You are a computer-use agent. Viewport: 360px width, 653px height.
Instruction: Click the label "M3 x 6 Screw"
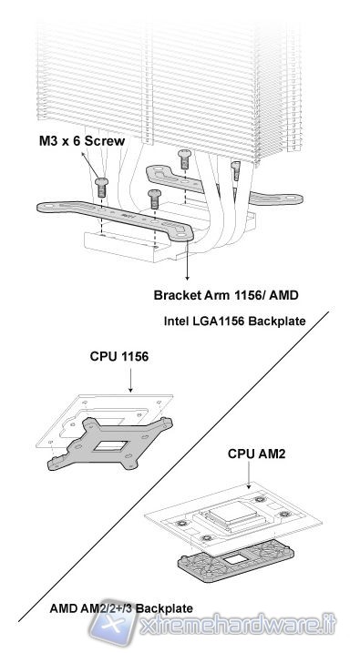tap(82, 141)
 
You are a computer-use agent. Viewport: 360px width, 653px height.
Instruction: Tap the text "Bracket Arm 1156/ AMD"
tap(226, 295)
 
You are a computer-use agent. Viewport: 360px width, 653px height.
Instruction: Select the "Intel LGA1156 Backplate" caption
tap(234, 321)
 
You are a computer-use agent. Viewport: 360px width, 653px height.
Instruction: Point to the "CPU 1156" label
tap(118, 356)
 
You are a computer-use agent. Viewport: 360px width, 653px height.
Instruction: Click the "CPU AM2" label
tap(256, 454)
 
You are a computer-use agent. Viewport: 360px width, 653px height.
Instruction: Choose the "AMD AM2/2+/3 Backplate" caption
tap(121, 608)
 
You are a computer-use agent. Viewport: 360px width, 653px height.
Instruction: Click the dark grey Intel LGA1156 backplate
tap(110, 444)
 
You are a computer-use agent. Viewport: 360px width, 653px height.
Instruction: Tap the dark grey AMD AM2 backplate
tap(235, 560)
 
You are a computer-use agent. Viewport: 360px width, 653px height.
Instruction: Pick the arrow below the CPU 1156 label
tap(130, 379)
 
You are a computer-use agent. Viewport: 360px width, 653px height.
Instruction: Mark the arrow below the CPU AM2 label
tap(249, 475)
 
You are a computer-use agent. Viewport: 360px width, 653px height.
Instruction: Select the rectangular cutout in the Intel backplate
tap(109, 446)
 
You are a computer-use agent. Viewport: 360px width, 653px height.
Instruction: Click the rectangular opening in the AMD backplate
tap(237, 558)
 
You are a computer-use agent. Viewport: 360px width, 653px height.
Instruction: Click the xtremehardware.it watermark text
tap(238, 626)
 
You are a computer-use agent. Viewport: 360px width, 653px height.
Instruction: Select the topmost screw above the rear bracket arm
tap(184, 159)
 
